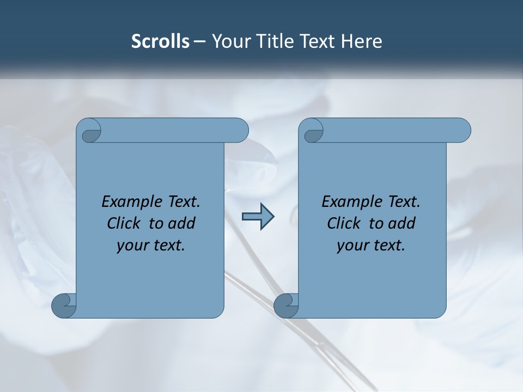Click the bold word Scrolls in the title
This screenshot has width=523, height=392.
point(160,41)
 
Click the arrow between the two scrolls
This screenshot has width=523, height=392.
point(258,216)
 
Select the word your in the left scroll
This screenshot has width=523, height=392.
point(131,246)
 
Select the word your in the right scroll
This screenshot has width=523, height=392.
point(351,246)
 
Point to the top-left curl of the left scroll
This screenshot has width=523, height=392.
point(91,132)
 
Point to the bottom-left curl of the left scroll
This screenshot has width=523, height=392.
point(63,305)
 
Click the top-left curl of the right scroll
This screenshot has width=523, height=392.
point(313,132)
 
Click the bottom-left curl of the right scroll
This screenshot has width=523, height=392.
point(285,305)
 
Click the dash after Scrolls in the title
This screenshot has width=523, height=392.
point(200,41)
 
